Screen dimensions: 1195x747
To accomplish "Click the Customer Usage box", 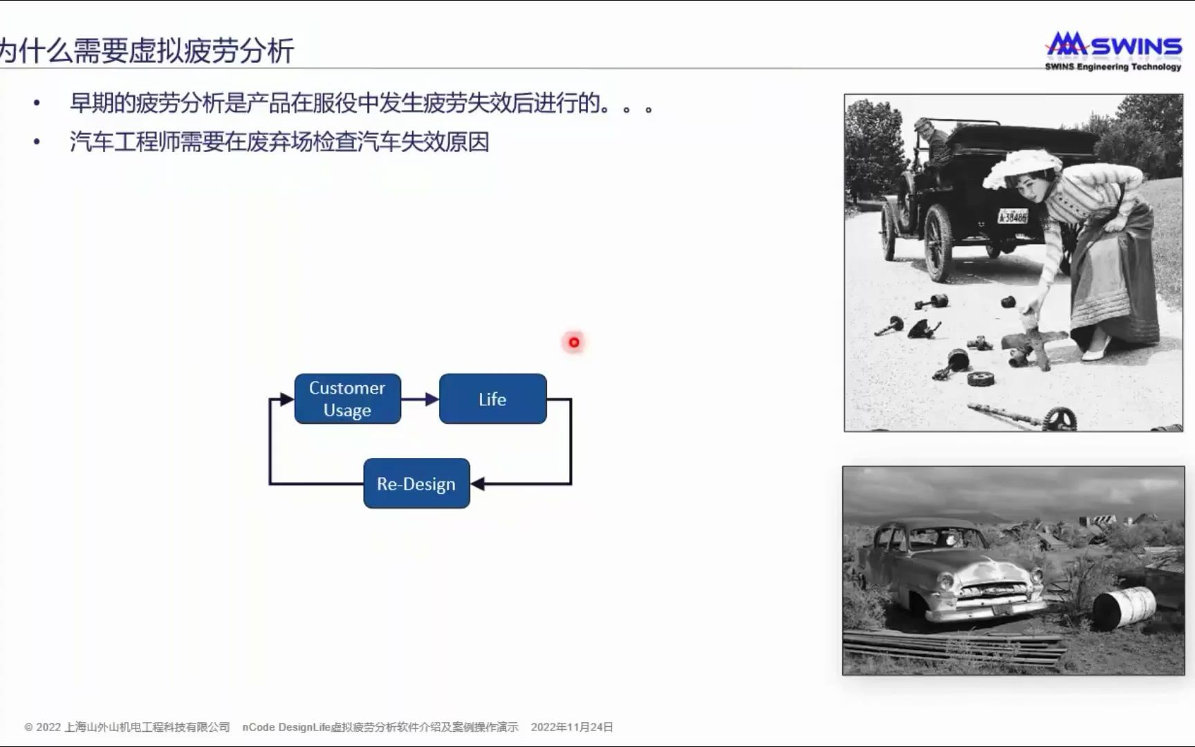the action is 348,399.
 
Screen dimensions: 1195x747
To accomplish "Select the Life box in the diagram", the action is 492,399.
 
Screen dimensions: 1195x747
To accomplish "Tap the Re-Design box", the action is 416,483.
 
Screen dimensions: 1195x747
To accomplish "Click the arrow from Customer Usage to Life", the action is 420,399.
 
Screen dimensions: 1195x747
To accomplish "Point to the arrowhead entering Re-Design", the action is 477,483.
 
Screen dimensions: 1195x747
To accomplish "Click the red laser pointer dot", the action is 574,342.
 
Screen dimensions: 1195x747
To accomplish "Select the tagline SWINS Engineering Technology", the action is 1113,67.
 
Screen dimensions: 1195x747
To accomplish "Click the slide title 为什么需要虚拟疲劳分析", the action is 147,51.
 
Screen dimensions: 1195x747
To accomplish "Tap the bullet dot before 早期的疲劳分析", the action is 37,104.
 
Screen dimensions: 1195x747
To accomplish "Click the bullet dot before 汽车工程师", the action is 37,142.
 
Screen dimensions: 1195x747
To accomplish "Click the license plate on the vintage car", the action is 1012,216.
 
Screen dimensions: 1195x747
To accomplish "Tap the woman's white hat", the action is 1022,167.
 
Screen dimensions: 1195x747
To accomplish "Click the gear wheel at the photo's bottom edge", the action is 1058,419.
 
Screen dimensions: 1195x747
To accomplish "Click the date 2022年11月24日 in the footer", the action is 572,727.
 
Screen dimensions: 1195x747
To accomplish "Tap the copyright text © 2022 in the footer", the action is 43,727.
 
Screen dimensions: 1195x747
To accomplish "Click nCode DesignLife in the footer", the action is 286,727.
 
